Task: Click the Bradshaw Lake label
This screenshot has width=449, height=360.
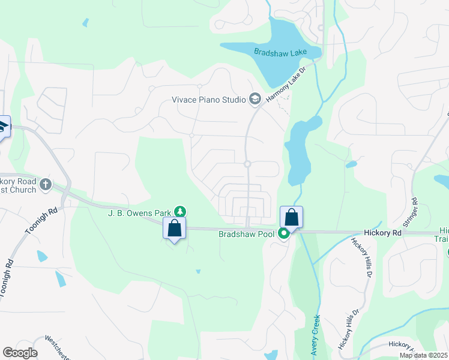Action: pos(280,53)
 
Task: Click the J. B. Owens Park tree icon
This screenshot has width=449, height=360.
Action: pos(179,212)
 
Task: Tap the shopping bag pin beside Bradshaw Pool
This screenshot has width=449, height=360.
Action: pos(292,217)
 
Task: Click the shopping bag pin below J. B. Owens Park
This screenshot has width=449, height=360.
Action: pos(175,229)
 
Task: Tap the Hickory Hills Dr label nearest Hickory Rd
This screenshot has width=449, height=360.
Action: pos(363,257)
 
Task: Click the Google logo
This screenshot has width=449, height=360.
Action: pos(20,353)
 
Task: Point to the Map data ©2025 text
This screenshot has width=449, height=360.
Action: pos(423,355)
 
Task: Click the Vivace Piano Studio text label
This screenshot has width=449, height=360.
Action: pos(209,100)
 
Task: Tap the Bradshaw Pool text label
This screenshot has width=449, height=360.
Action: pos(246,234)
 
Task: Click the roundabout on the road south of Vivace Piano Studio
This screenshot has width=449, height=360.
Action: pos(247,164)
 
